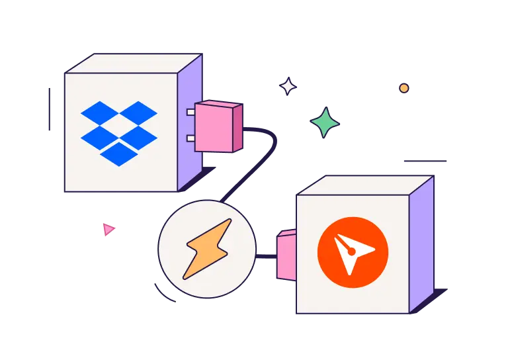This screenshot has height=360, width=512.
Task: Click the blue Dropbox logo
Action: (x=119, y=132)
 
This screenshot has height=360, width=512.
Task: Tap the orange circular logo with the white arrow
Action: (x=353, y=252)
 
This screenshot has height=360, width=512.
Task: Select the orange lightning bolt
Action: (x=207, y=248)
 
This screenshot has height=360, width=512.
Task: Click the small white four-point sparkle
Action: (x=288, y=87)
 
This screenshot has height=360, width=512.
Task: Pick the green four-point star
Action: (x=325, y=122)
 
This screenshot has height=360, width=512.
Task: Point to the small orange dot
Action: (x=404, y=88)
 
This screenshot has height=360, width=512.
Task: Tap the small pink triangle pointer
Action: (x=108, y=230)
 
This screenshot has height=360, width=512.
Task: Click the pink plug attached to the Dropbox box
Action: (x=218, y=126)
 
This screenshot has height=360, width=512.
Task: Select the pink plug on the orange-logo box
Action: (x=286, y=255)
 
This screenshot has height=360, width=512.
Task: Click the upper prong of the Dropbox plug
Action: (x=191, y=112)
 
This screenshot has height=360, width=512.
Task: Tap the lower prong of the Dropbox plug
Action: (x=191, y=138)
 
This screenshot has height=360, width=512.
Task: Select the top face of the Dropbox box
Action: (x=132, y=64)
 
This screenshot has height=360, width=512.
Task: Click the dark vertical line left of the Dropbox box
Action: (x=50, y=109)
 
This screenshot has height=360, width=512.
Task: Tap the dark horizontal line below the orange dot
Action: (x=425, y=161)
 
